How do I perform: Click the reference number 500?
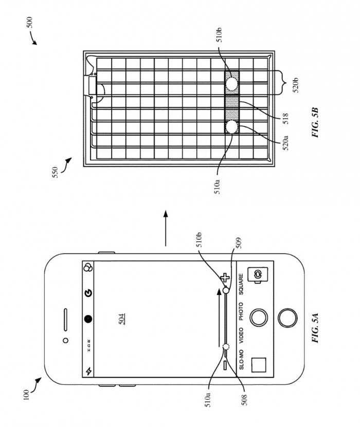(29, 22)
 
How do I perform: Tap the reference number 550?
(55, 172)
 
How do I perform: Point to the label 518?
(285, 119)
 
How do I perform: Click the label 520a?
(285, 143)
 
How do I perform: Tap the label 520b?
(296, 85)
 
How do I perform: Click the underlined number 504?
(122, 319)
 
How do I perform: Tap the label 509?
(239, 243)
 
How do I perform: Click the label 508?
(244, 400)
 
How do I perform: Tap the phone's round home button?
(287, 318)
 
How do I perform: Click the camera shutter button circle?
(259, 318)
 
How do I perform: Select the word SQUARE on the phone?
(241, 284)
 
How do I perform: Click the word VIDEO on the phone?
(241, 335)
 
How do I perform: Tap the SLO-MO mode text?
(241, 360)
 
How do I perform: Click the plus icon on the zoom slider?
(225, 278)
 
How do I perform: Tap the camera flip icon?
(258, 274)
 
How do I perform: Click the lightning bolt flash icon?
(88, 371)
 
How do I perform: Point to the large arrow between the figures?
(166, 228)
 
